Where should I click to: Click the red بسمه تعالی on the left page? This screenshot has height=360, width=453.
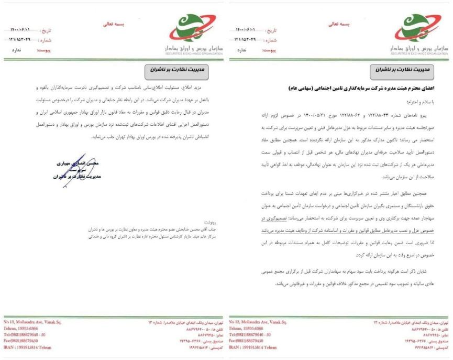(x=112, y=24)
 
